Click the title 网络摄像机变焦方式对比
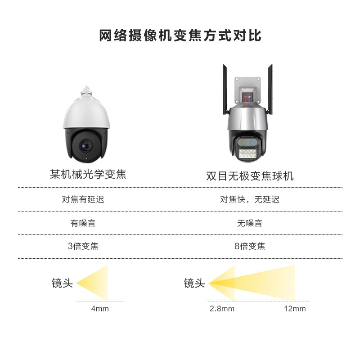pos(180,36)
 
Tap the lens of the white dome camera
pos(86,145)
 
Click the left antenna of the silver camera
pos(225,90)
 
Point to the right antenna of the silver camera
pos(270,90)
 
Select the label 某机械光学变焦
pos(88,174)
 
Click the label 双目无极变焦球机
pos(250,176)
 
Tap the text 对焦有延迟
pos(83,199)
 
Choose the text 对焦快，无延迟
pos(250,199)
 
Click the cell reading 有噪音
pos(83,223)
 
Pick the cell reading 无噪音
pos(250,223)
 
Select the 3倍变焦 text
pos(83,246)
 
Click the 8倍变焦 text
pos(250,246)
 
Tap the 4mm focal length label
pos(100,309)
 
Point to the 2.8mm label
pos(222,309)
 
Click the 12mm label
pos(295,309)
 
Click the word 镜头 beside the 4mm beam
pos(62,283)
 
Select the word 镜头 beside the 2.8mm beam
pos(194,283)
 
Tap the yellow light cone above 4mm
pos(96,283)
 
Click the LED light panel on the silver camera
pos(247,153)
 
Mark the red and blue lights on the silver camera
pos(247,97)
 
